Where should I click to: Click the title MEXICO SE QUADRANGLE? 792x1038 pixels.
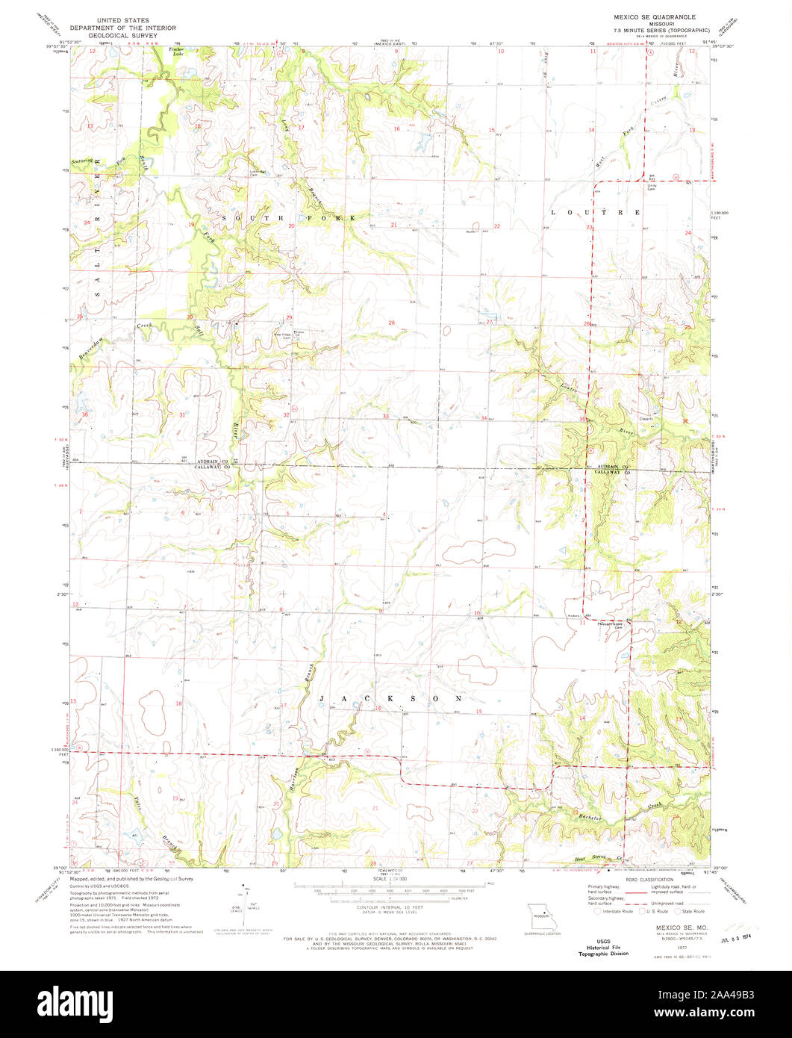click(x=654, y=16)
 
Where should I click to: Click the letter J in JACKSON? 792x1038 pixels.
click(x=323, y=699)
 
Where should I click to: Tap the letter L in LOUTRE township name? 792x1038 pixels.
click(x=554, y=212)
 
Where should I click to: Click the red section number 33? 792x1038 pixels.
click(x=386, y=416)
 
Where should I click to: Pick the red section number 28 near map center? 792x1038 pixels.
click(x=391, y=323)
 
